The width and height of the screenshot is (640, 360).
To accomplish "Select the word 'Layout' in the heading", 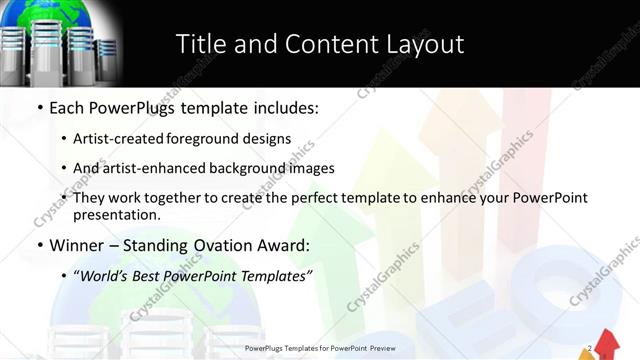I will (x=426, y=44).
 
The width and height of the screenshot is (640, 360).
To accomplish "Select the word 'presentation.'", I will (x=117, y=215).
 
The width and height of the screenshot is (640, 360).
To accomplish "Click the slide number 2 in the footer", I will (x=590, y=348).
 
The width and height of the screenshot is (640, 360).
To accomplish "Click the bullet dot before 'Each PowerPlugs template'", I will (x=39, y=107).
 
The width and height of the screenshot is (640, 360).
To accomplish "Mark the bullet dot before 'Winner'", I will (x=39, y=246).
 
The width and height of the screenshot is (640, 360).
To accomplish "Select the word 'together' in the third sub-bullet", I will (x=171, y=198).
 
